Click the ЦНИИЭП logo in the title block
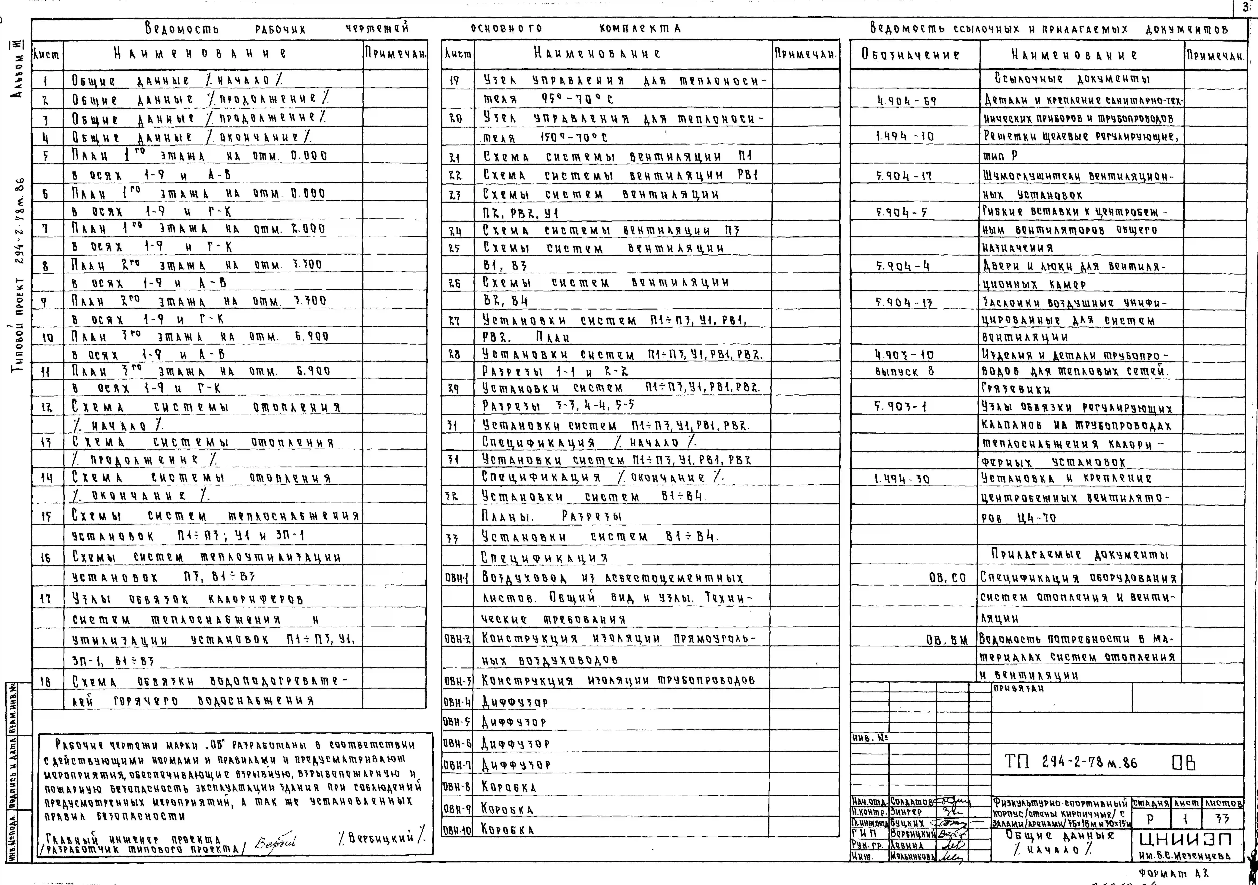coord(1186,840)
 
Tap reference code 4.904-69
coord(906,101)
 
